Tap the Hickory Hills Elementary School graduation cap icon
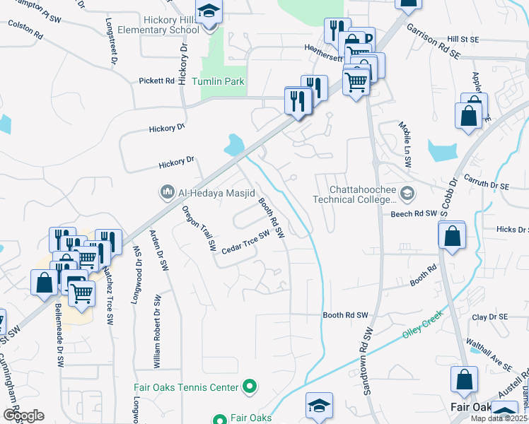(x=209, y=12)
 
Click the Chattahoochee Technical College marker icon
(x=407, y=192)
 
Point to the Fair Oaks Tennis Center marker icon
(x=249, y=387)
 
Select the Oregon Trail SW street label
(x=199, y=228)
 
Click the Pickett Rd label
(x=157, y=81)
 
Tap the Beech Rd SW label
(x=411, y=213)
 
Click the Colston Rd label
(x=25, y=28)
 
